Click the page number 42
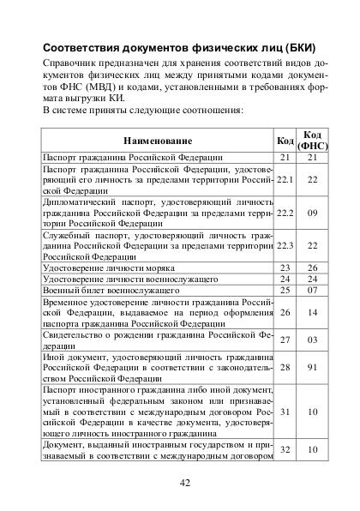pos(184,482)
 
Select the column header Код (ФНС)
pos(311,140)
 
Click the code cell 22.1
pos(285,179)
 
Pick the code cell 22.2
pos(285,212)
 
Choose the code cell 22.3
pos(285,245)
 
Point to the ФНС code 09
pos(312,212)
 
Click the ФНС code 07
pos(312,292)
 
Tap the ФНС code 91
pos(312,367)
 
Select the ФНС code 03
pos(312,340)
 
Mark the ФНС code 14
pos(312,314)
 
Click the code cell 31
pos(285,412)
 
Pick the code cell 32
pos(285,450)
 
